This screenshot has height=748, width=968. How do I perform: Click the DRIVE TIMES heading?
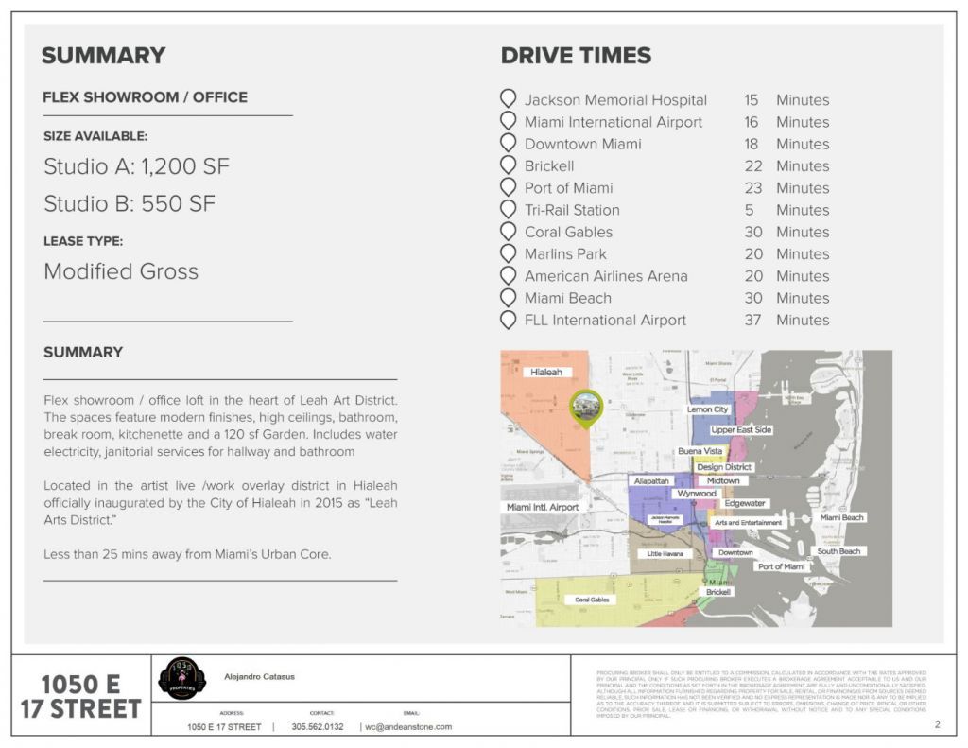tap(576, 56)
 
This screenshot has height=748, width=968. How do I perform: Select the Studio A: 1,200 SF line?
tap(136, 167)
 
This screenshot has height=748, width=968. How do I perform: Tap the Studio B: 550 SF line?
tap(130, 203)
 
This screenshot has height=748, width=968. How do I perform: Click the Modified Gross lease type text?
tap(121, 271)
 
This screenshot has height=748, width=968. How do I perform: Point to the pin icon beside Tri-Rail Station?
tap(508, 209)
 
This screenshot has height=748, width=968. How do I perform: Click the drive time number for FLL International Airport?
tap(752, 320)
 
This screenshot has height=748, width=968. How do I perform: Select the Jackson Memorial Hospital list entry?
tap(615, 100)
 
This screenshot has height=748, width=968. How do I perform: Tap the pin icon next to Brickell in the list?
tap(508, 165)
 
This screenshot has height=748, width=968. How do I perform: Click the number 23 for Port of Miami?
tap(752, 188)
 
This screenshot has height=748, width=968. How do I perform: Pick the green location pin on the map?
tap(586, 408)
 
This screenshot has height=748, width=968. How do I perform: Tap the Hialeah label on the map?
tap(546, 373)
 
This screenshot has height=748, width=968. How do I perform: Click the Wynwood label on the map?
tap(696, 494)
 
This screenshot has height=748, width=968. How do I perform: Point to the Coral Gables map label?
tap(592, 600)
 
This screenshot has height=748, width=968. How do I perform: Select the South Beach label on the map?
tap(838, 551)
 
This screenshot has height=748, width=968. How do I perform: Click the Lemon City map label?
tap(708, 409)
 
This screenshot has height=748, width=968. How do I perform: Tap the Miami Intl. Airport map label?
tap(543, 508)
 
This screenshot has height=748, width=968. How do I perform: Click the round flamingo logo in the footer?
tap(181, 679)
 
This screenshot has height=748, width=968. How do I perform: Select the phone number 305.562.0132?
tap(318, 726)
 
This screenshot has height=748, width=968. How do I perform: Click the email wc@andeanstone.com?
tap(408, 726)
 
